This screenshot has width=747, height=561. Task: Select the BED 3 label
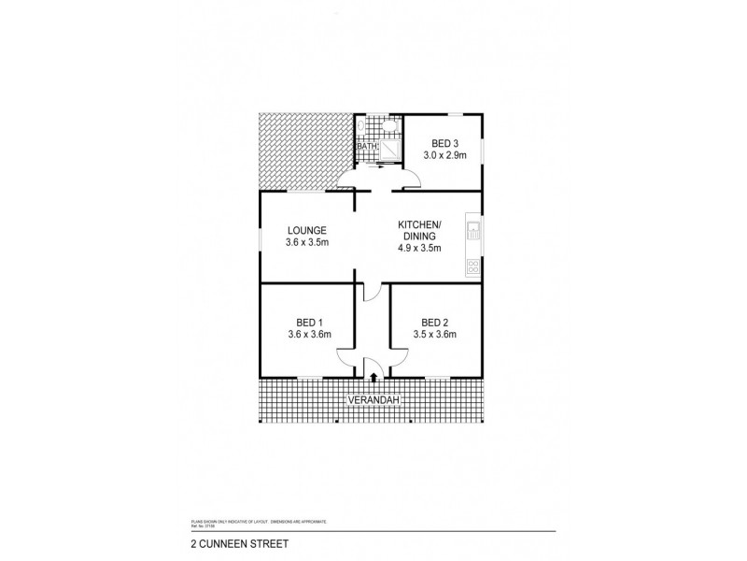pyautogui.click(x=444, y=143)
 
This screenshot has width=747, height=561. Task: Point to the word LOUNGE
pyautogui.click(x=306, y=229)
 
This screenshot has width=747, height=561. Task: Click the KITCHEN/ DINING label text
pyautogui.click(x=418, y=230)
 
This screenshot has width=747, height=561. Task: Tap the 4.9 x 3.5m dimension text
pyautogui.click(x=418, y=249)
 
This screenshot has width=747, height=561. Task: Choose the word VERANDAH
pyautogui.click(x=373, y=400)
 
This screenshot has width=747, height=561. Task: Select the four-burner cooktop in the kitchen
pyautogui.click(x=472, y=267)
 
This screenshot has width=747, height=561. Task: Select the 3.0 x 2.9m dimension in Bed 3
pyautogui.click(x=444, y=157)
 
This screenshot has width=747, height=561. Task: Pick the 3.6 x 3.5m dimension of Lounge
pyautogui.click(x=306, y=243)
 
